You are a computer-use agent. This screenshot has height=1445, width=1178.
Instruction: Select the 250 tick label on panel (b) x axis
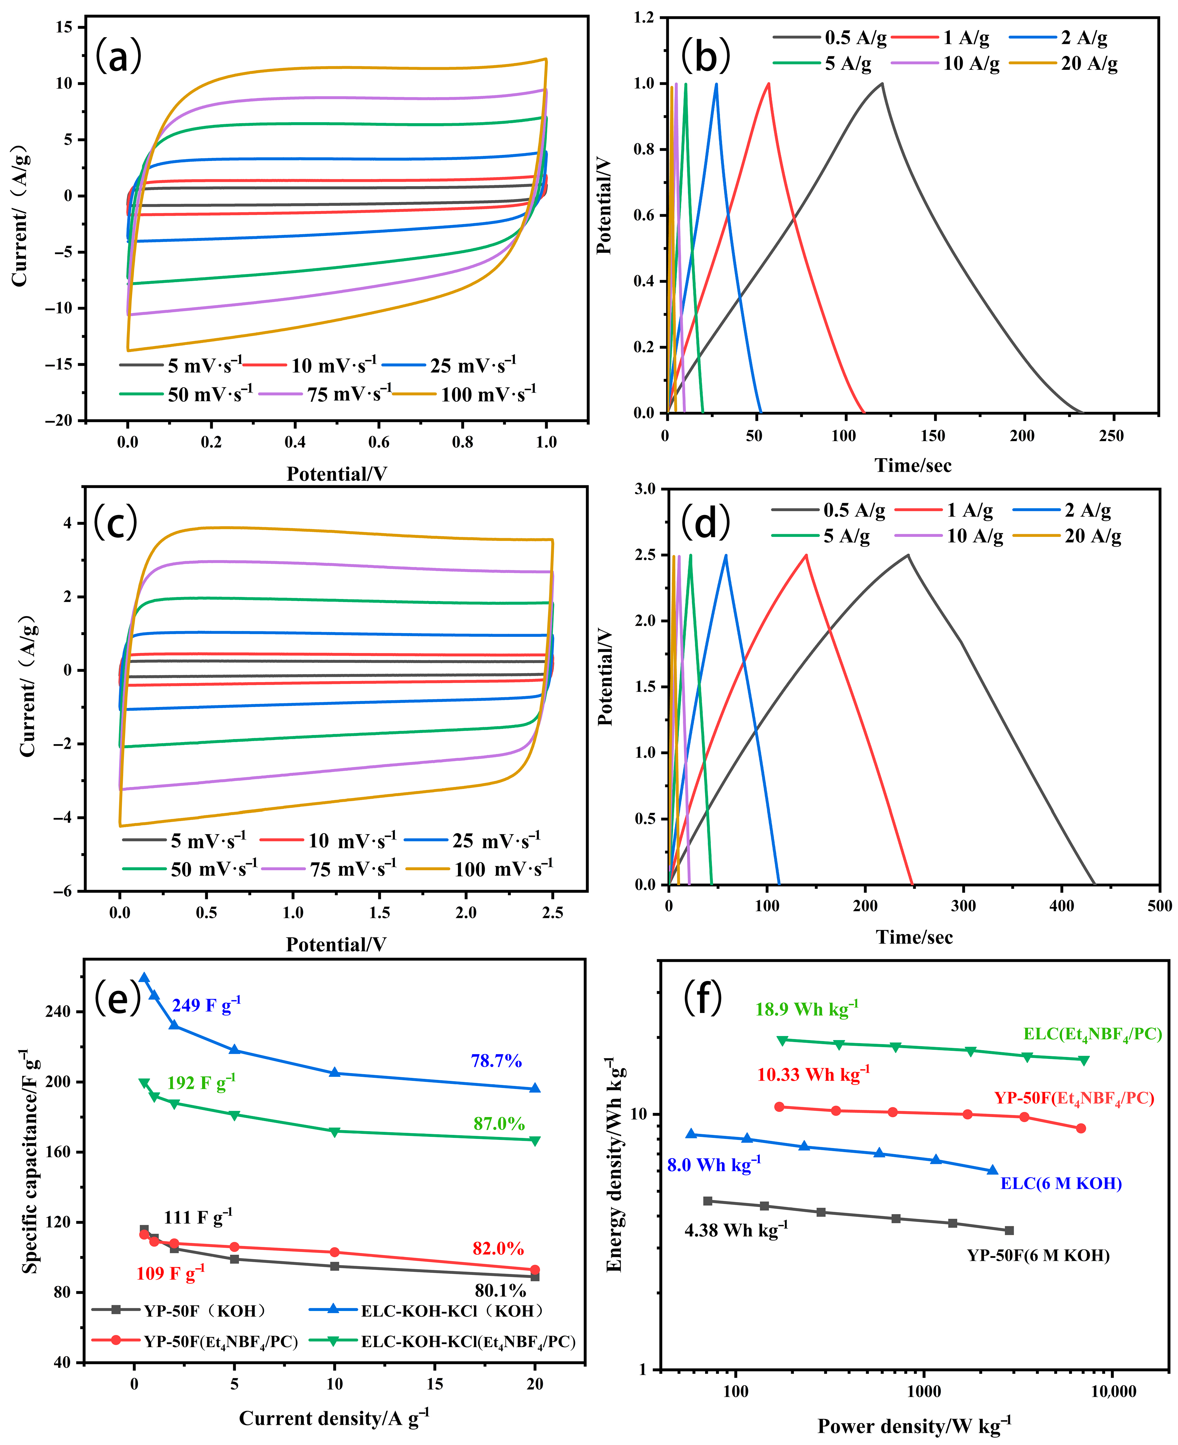1111,436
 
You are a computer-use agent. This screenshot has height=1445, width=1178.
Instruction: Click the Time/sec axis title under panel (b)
913,465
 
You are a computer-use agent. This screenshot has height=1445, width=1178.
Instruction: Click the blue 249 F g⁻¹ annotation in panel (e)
206,1005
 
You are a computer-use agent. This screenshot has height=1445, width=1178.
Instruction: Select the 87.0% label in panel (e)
499,1124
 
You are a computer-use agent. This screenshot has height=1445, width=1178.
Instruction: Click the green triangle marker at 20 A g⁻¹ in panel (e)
535,1141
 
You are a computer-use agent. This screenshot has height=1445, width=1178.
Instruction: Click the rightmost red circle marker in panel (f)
1081,1128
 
